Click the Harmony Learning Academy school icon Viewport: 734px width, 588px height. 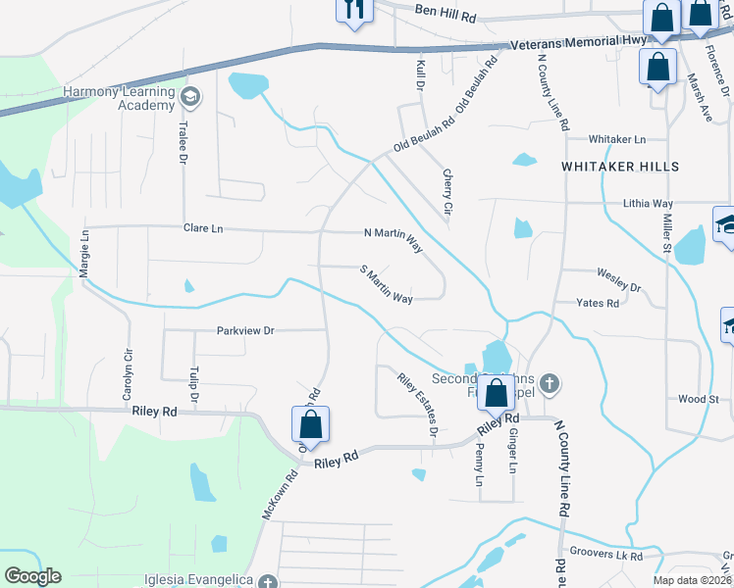click(189, 97)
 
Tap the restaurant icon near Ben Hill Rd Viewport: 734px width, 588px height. click(354, 10)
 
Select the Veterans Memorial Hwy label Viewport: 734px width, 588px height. click(578, 42)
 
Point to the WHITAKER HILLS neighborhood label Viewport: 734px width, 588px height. click(620, 167)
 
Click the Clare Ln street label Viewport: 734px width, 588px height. click(203, 228)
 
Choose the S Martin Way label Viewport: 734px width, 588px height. click(386, 284)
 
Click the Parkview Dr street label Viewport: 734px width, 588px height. click(244, 331)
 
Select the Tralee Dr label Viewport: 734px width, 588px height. click(183, 138)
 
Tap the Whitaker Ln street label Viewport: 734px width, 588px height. click(617, 140)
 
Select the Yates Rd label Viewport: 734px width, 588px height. click(598, 304)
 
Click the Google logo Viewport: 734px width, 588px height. click(32, 576)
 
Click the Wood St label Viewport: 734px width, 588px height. click(699, 399)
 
